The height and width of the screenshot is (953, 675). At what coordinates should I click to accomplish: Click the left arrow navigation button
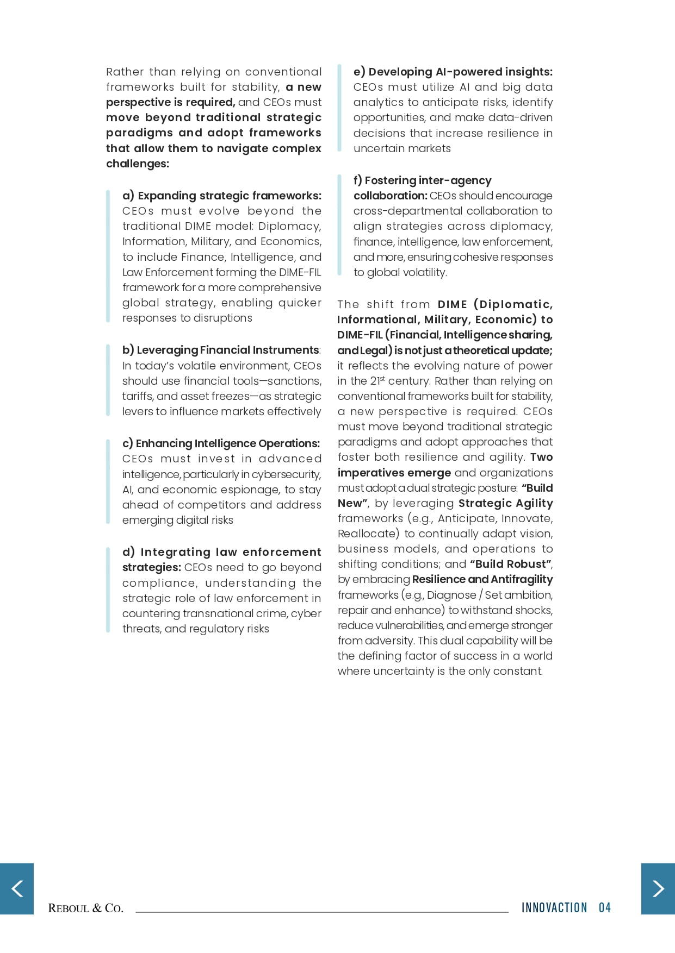[17, 888]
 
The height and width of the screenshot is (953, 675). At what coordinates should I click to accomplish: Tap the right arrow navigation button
[658, 888]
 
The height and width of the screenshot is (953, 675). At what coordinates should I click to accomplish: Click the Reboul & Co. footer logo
[85, 908]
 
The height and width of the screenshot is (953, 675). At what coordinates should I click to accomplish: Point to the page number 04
[605, 907]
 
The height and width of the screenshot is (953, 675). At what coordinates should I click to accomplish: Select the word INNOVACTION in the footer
[554, 907]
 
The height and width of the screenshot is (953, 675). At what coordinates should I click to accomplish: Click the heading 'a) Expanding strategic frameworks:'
[222, 196]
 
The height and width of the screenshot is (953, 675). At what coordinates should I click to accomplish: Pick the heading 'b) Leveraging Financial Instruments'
[221, 350]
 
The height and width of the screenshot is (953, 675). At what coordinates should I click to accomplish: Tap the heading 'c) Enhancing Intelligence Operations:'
[221, 443]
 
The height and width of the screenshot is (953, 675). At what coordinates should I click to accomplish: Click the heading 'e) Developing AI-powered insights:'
[453, 72]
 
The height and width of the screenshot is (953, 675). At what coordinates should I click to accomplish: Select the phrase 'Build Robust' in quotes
[511, 564]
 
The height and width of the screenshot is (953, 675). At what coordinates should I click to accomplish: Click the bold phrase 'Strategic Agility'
[505, 503]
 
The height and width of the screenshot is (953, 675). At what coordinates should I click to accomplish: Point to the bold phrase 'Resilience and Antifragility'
[482, 579]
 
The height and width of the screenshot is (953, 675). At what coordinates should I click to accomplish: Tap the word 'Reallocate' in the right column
[368, 534]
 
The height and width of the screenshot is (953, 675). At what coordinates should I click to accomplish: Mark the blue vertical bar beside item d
[108, 590]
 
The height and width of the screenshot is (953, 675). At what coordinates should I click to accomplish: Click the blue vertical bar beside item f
[339, 226]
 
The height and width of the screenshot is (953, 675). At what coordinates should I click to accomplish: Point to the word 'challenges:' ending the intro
[137, 164]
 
